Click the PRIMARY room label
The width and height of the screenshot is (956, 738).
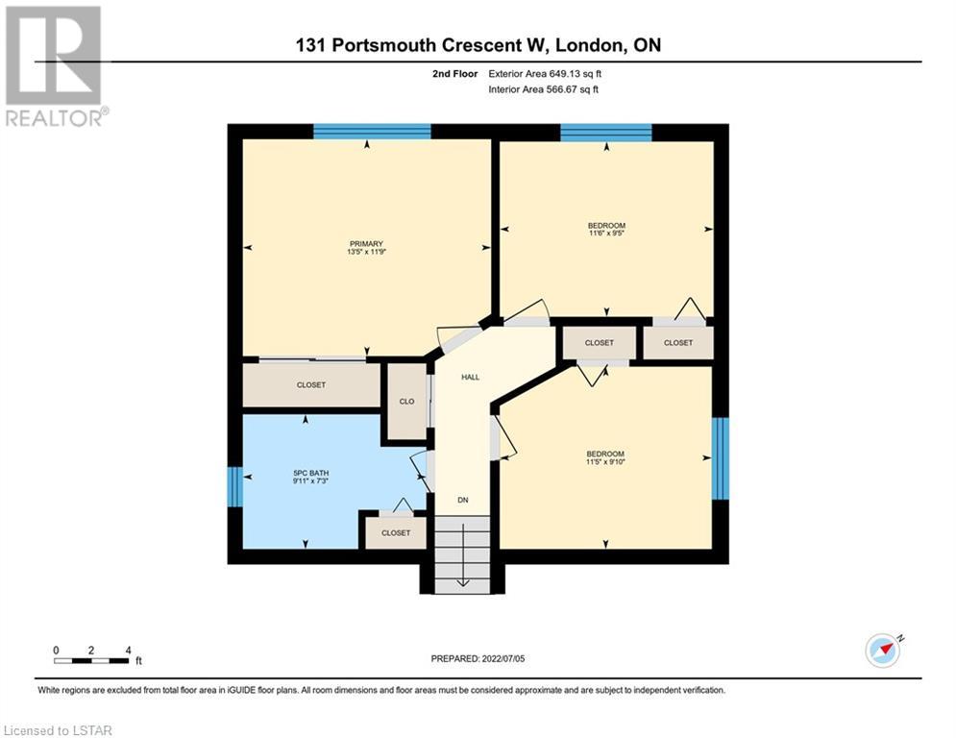(x=366, y=244)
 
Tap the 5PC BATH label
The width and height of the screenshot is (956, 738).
(x=311, y=474)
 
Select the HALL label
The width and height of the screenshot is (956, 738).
(x=470, y=378)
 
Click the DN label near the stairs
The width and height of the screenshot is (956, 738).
(x=463, y=500)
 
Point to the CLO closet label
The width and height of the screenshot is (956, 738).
(x=406, y=402)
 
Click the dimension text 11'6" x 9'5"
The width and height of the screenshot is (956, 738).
(x=606, y=233)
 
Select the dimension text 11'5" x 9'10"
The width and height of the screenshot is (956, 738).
(x=605, y=461)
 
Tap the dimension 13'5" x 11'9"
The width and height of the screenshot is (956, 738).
(x=366, y=252)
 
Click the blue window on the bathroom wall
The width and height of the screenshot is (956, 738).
(x=235, y=486)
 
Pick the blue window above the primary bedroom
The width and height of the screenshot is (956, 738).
(x=372, y=132)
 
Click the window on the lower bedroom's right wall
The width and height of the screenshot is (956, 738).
(x=721, y=458)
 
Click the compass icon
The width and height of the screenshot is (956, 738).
(x=883, y=651)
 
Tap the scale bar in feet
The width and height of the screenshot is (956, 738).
(x=91, y=660)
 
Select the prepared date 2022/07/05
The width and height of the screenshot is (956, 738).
(x=503, y=658)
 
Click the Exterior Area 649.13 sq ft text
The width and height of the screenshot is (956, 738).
(x=545, y=74)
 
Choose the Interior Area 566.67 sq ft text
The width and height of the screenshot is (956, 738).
(x=543, y=89)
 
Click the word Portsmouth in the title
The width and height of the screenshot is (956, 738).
(x=383, y=45)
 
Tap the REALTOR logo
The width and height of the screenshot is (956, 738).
(x=56, y=66)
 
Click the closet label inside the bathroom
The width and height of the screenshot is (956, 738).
(x=396, y=533)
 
